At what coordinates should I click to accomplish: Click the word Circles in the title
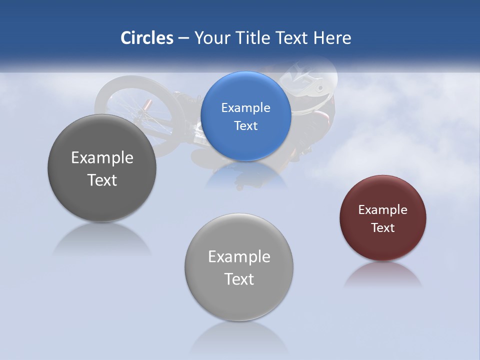pos(146,38)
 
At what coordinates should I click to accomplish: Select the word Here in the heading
pos(332,38)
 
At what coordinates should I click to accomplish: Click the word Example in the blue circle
pos(246,108)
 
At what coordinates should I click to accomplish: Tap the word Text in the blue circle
pos(246,126)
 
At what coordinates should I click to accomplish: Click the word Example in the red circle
pos(383,210)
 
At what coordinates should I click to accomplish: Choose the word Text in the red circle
pos(383,228)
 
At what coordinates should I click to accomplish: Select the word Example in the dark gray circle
pos(102,158)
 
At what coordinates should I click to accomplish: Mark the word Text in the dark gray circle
pos(102,180)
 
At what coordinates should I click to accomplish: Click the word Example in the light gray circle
pos(239,257)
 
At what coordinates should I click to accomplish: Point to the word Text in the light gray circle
pos(239,279)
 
